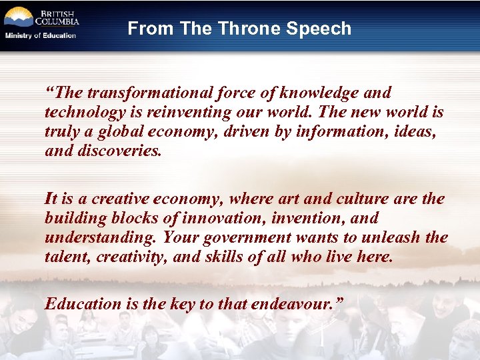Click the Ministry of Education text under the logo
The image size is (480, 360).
point(41,35)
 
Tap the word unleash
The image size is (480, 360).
point(393,238)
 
